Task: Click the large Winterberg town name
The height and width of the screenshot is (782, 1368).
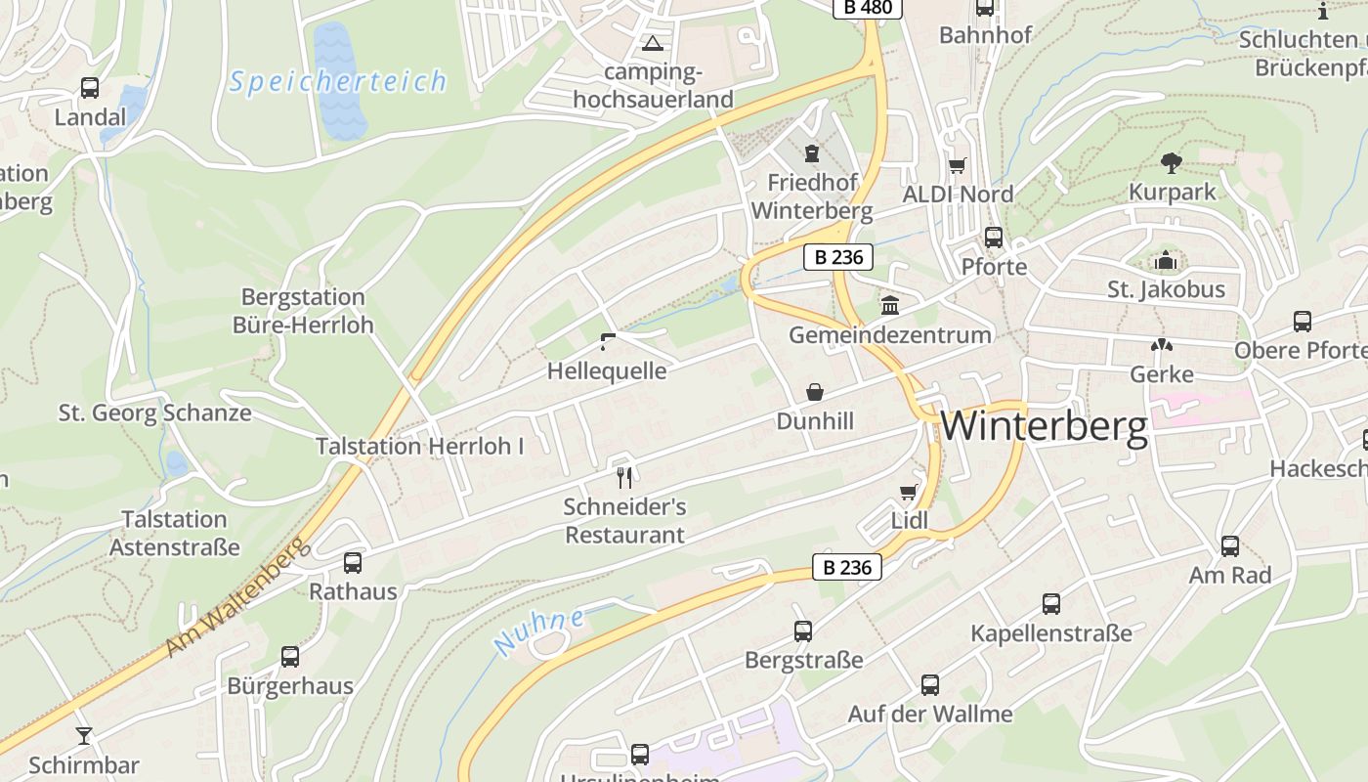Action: (1044, 427)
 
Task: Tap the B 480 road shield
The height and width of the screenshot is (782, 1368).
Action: (868, 8)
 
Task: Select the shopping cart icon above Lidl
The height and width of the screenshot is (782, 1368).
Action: (909, 492)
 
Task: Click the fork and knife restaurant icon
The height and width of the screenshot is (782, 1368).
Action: (625, 477)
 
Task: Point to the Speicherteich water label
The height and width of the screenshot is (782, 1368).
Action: (338, 81)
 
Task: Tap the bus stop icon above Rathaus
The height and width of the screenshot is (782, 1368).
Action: (353, 562)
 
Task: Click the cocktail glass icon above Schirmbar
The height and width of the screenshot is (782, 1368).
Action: (84, 735)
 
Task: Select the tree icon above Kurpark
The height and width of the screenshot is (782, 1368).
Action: (1172, 162)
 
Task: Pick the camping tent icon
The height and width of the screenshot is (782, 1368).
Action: (652, 43)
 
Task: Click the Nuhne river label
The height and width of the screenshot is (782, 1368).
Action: (539, 631)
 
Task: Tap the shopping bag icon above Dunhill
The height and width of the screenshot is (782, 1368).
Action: (815, 392)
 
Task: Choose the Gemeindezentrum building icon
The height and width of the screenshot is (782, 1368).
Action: (890, 306)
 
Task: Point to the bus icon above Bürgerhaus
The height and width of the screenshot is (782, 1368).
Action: (290, 656)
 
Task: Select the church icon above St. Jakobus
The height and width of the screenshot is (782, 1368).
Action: (1166, 261)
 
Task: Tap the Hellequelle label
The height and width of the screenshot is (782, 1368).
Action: (607, 371)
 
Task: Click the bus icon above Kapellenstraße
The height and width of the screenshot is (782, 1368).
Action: (1051, 604)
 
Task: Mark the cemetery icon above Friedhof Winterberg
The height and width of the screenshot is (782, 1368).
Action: (811, 153)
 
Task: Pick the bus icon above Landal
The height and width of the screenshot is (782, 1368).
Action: (90, 88)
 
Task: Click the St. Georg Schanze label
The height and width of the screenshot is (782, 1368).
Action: (155, 413)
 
